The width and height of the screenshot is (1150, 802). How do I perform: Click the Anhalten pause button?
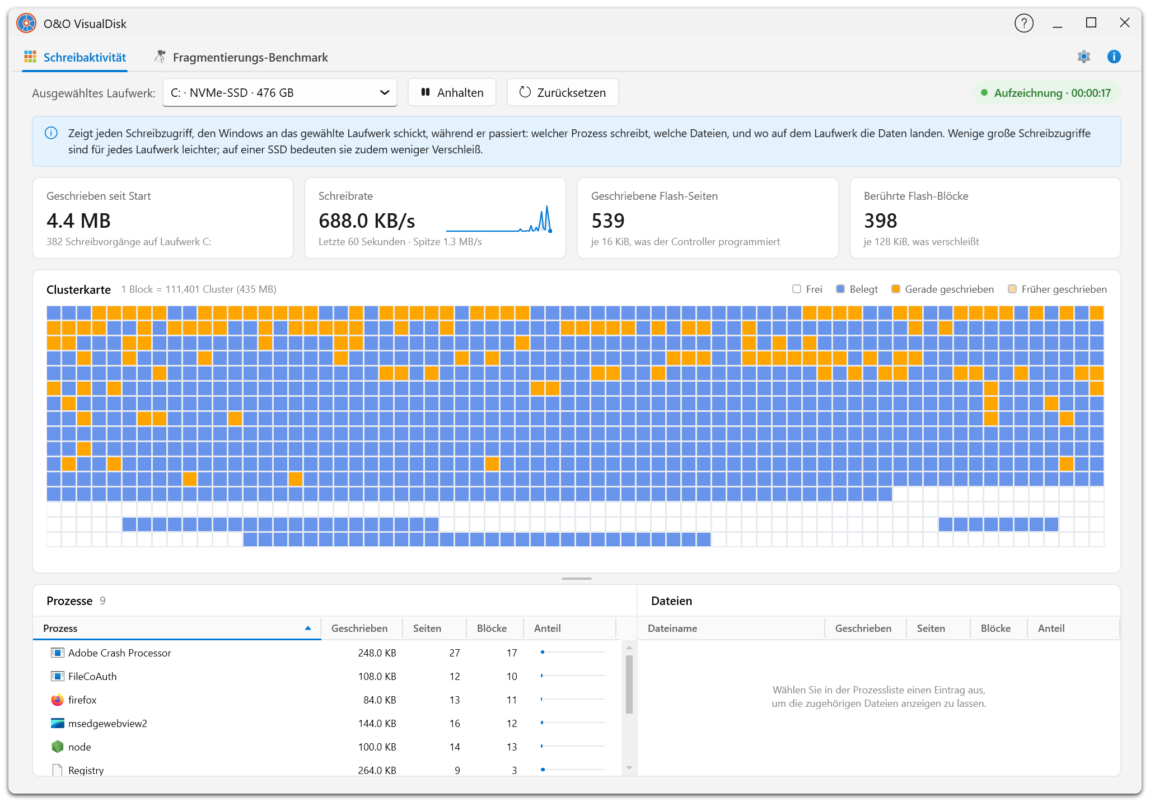pyautogui.click(x=452, y=92)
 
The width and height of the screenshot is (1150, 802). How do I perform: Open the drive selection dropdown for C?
pyautogui.click(x=280, y=92)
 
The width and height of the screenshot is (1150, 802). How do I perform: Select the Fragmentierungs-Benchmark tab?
pyautogui.click(x=241, y=57)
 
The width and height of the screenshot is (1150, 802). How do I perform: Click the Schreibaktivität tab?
pyautogui.click(x=75, y=57)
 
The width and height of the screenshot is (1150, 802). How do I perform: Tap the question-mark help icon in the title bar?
pyautogui.click(x=1023, y=24)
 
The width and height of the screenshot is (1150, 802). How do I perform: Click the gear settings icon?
pyautogui.click(x=1083, y=57)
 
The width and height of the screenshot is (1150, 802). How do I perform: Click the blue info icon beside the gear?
pyautogui.click(x=1114, y=57)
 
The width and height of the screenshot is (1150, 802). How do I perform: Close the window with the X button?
pyautogui.click(x=1124, y=23)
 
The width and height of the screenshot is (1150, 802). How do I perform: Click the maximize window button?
pyautogui.click(x=1091, y=23)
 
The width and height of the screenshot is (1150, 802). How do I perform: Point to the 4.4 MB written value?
pyautogui.click(x=78, y=221)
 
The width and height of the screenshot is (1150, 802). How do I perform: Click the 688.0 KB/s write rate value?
pyautogui.click(x=367, y=221)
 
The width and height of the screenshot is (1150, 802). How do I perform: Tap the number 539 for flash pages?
pyautogui.click(x=607, y=221)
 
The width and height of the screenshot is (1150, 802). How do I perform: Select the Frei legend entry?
pyautogui.click(x=807, y=289)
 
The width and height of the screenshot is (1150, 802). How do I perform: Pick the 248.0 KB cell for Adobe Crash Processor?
pyautogui.click(x=377, y=653)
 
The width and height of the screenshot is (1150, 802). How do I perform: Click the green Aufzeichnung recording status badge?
pyautogui.click(x=1046, y=93)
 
